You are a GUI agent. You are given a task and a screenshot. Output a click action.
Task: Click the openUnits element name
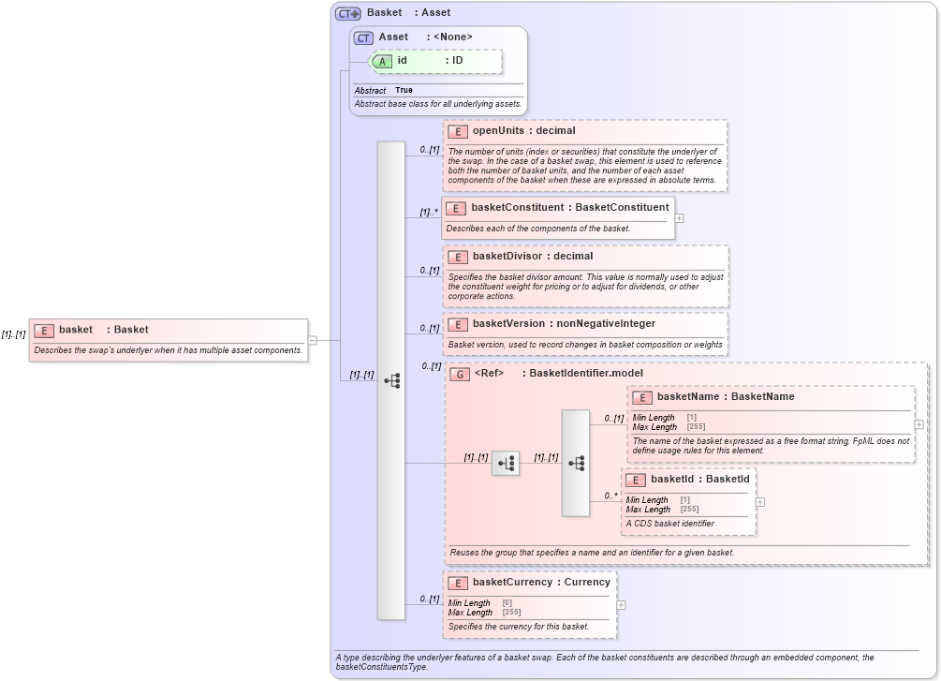498,130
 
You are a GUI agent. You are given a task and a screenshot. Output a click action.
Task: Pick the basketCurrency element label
512,582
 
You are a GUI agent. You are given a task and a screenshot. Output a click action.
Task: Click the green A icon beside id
382,60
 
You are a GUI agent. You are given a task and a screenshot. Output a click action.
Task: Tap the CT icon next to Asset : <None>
363,37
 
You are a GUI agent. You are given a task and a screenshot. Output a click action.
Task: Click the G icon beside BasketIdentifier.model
460,374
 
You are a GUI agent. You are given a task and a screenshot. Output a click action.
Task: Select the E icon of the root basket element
43,330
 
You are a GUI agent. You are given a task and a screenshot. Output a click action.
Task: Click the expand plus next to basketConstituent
679,218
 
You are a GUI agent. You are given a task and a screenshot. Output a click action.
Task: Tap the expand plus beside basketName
919,424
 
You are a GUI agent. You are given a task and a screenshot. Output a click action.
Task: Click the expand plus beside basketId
759,501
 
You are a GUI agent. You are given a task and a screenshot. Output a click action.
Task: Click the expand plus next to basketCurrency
621,604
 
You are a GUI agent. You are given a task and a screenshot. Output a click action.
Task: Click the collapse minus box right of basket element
313,340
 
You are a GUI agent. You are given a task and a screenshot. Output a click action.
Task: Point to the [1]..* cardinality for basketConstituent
429,212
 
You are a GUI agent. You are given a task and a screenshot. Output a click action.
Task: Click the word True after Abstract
404,90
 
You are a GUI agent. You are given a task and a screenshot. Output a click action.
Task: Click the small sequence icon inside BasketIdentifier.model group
506,463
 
